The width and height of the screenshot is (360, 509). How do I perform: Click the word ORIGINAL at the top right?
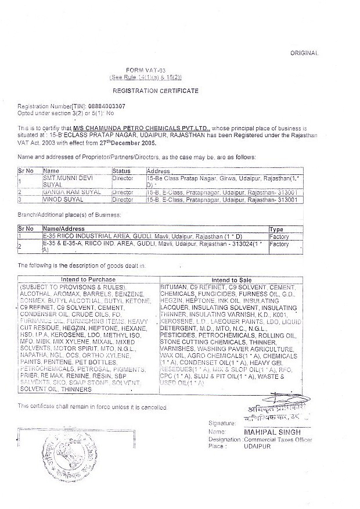pos(305,53)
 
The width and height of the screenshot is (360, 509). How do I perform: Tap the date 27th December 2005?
pos(127,142)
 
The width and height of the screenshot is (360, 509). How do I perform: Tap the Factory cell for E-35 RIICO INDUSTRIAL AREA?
pos(279,237)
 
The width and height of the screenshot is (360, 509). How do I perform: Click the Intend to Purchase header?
pos(88,279)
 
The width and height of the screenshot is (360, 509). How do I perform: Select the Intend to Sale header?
pos(232,279)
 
